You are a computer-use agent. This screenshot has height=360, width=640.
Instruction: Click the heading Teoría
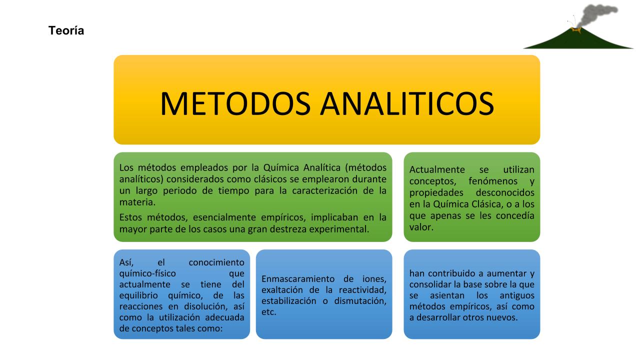tap(66, 30)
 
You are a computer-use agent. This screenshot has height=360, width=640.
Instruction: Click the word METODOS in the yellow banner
tap(235, 103)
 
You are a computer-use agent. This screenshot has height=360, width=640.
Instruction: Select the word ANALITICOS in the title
tap(407, 103)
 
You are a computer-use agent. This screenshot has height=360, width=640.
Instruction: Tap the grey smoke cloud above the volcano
tap(597, 15)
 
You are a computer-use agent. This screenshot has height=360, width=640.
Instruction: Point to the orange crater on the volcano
tap(576, 29)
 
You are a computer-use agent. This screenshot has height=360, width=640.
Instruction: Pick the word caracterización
tap(324, 190)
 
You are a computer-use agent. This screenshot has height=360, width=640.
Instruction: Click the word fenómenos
tap(493, 181)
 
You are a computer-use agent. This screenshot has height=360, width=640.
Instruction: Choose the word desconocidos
tap(505, 192)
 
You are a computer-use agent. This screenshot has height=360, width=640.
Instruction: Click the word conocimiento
tap(216, 262)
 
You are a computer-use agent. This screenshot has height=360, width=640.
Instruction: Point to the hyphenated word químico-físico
tap(147, 273)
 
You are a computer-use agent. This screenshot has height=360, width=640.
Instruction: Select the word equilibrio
tap(138, 295)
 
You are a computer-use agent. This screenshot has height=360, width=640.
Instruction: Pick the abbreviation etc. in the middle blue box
tap(269, 312)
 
